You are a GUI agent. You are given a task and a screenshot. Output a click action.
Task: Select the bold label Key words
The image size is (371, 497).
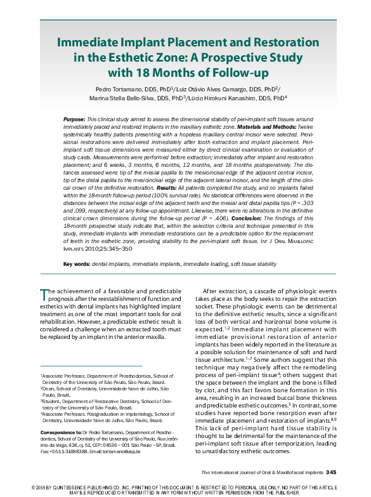(76, 263)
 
